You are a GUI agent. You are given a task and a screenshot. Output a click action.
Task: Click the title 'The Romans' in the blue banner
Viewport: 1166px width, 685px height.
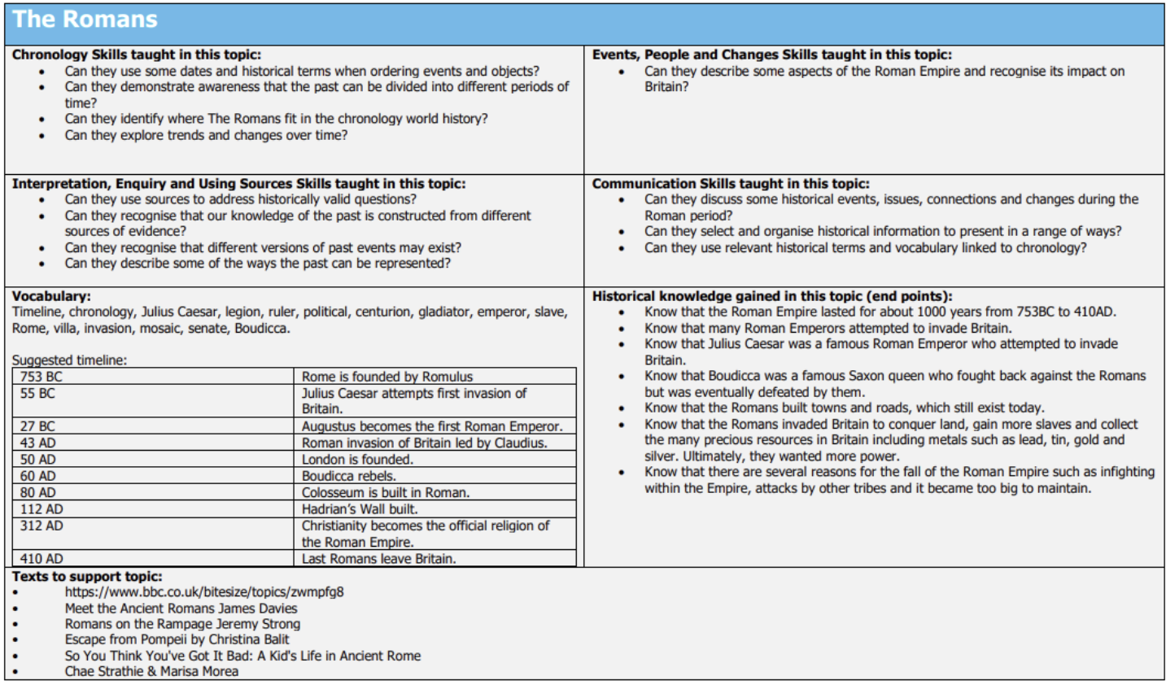(x=85, y=20)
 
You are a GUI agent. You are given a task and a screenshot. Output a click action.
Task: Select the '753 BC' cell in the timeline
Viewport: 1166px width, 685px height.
(x=41, y=377)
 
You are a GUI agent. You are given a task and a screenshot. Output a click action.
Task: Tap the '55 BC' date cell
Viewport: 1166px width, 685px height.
(x=37, y=394)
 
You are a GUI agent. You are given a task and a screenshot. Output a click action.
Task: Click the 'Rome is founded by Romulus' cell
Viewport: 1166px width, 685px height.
(x=387, y=377)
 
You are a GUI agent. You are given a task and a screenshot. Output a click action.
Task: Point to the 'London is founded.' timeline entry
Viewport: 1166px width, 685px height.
(x=357, y=460)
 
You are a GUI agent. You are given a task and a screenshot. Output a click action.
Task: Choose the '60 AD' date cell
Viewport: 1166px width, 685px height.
(x=38, y=476)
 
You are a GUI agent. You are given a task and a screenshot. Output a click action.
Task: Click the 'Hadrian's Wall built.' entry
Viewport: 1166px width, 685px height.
(x=360, y=509)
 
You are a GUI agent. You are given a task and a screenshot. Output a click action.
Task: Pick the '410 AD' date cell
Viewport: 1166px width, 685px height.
(x=41, y=559)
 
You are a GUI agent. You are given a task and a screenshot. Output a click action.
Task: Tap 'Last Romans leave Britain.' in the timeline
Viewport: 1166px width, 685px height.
(x=378, y=559)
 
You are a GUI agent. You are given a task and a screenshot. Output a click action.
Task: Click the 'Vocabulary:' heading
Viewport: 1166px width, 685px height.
(x=51, y=296)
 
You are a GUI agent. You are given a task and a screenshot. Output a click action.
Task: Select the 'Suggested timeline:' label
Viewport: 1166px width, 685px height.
(x=69, y=360)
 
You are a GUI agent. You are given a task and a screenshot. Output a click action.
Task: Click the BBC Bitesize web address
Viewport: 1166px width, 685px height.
(x=204, y=592)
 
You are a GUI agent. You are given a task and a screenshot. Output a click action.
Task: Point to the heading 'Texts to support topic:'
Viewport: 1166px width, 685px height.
(x=87, y=576)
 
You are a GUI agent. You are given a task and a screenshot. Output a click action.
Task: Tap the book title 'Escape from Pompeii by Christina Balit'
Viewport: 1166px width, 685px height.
(x=177, y=639)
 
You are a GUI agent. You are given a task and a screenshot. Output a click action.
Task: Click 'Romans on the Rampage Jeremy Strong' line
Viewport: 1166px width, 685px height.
(x=182, y=624)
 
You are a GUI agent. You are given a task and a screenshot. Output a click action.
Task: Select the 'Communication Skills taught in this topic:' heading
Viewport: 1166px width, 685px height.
(x=731, y=184)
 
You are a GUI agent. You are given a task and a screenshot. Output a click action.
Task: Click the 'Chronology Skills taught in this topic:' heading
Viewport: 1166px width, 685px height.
(x=137, y=55)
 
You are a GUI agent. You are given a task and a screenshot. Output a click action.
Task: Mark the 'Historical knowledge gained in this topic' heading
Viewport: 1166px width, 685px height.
(x=771, y=296)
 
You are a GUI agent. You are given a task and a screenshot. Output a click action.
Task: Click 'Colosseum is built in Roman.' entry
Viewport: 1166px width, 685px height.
(x=385, y=493)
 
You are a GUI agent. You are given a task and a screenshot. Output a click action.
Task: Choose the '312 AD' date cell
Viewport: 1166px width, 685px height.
(x=41, y=526)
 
